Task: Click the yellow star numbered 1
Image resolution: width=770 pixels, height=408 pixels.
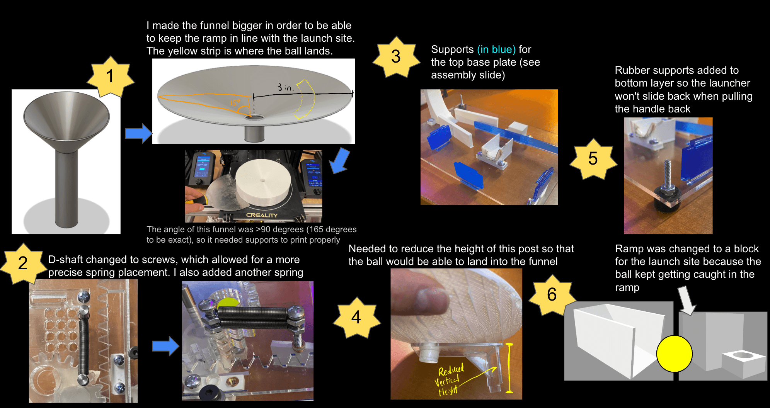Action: pos(111,76)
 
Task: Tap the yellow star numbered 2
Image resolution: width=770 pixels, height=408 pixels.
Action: pos(23,263)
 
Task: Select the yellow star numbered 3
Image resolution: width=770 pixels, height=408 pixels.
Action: pos(396,57)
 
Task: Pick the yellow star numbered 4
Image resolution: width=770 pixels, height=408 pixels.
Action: pos(356,318)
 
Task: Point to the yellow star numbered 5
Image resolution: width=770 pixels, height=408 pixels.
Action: pos(593,159)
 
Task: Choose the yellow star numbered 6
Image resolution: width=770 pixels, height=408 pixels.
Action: pos(552,295)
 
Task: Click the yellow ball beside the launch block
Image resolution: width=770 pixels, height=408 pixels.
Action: pos(674,354)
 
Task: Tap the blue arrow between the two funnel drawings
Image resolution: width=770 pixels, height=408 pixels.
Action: pos(138,133)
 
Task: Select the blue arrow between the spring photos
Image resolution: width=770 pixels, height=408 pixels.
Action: pos(165,346)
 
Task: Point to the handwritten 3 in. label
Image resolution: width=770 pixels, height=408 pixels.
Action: pos(285,87)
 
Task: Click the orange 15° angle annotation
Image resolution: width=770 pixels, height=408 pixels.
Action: pos(235,103)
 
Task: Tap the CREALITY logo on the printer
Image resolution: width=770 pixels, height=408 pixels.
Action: pos(262,215)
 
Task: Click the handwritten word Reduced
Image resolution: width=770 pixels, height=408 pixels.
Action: pos(451,370)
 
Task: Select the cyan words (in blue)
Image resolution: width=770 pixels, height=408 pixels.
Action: pos(496,49)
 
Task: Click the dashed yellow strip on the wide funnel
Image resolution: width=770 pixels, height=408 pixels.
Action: pos(306,99)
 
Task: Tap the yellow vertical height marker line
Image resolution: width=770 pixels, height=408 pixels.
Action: pos(509,368)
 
